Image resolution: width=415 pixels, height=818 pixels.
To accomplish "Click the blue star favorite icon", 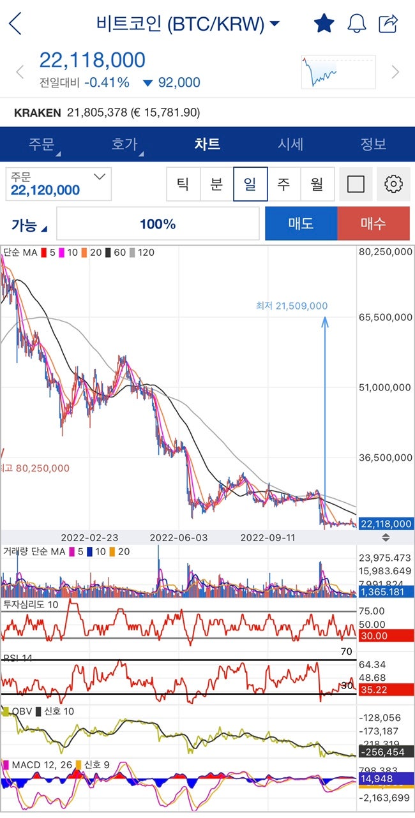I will pos(324,24).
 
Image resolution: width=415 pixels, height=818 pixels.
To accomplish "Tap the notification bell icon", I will pos(356,24).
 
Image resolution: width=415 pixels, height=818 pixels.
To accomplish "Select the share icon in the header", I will pos(388,24).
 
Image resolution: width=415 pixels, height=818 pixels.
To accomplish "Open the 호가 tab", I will pos(124,144).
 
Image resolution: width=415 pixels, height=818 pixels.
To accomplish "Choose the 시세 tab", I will pos(290,144).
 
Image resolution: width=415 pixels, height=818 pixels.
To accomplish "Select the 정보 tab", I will pos(373,144).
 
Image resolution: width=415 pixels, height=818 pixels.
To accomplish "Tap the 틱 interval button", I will pos(183,184).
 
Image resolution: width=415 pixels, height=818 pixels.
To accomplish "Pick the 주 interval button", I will pos(283,184).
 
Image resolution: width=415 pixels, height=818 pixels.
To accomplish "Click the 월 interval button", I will pos(317,184).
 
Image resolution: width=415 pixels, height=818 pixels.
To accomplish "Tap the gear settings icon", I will pos(393,184).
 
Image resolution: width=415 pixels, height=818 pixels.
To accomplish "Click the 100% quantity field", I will pos(158,224).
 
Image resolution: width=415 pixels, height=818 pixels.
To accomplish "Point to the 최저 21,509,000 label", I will pos(292,306).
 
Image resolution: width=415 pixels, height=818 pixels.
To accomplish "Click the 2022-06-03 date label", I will pos(179,537).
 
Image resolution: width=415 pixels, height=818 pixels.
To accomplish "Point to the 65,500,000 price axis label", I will pos(386,317).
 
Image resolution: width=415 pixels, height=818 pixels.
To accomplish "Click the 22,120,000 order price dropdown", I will pos(59,184).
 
